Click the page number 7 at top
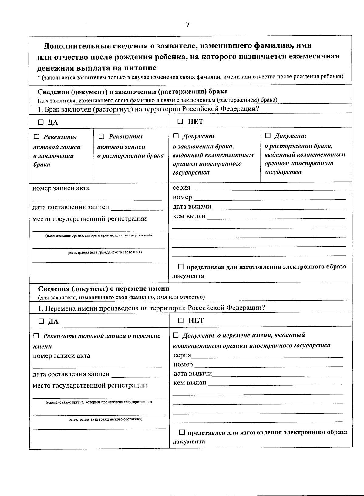188,25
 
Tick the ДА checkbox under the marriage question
41,122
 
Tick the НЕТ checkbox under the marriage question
180,122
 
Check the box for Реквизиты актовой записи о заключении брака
37,137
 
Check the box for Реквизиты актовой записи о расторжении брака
102,136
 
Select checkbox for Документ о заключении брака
176,136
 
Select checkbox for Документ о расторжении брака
268,135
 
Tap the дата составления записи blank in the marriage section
137,208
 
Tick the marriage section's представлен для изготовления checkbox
181,267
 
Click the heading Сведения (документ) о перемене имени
103,289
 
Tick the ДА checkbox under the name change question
42,321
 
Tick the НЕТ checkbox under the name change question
181,321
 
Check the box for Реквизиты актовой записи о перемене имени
36,336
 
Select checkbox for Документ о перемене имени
176,335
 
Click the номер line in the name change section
268,365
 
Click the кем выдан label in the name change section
190,383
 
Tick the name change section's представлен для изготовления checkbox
182,432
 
